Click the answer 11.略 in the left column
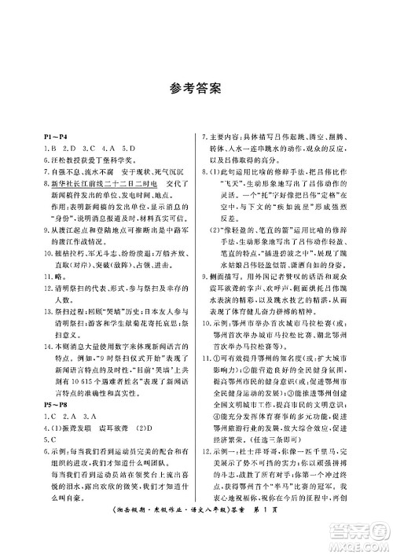54,277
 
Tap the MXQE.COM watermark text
362,542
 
